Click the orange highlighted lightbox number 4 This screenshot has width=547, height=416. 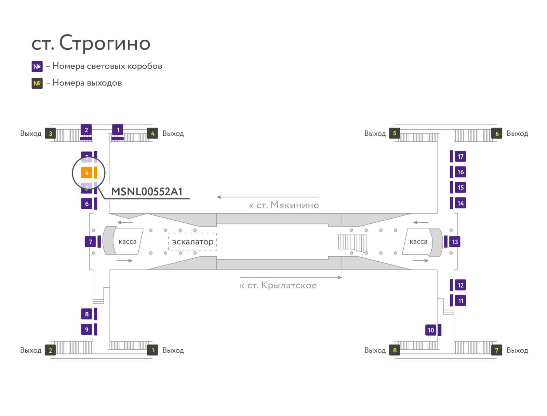tap(86, 173)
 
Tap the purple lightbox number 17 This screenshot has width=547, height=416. tap(461, 157)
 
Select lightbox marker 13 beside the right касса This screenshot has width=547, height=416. tap(455, 242)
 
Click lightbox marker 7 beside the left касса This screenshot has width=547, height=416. tap(90, 242)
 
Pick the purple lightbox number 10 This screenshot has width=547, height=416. tap(431, 330)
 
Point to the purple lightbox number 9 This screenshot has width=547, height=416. tap(86, 329)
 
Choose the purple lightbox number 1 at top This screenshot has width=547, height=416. tap(118, 130)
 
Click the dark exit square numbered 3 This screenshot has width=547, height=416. tap(51, 133)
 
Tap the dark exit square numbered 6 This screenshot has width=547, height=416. tap(497, 133)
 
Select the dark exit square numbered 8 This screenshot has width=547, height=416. tap(395, 350)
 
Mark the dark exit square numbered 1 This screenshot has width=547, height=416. tap(152, 350)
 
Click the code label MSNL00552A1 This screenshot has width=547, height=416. tap(147, 192)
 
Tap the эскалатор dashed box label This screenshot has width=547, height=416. tap(192, 242)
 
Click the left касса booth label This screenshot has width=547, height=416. tap(127, 242)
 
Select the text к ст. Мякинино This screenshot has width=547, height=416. tap(284, 205)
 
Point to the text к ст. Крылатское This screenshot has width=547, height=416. tap(278, 285)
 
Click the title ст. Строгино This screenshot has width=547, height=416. tap(91, 43)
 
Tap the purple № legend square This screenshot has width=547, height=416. tap(37, 66)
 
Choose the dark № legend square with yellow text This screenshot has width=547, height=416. tap(37, 83)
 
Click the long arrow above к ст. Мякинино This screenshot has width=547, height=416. tap(267, 197)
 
